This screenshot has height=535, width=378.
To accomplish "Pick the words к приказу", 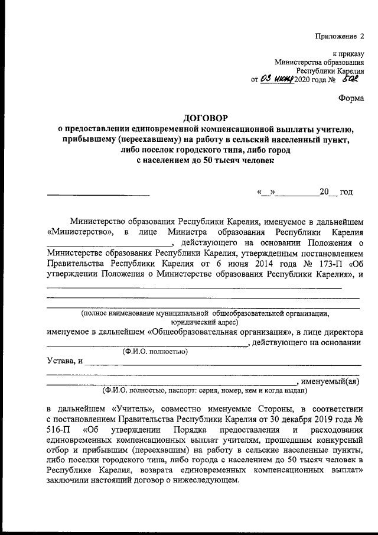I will tap(349, 53).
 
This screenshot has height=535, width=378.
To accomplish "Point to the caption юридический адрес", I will tap(204, 323).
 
